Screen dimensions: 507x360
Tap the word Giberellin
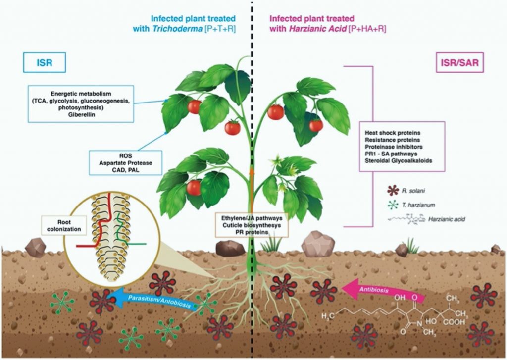pyautogui.click(x=82, y=114)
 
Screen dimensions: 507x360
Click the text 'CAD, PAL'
pyautogui.click(x=125, y=169)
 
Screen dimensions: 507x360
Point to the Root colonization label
pyautogui.click(x=64, y=225)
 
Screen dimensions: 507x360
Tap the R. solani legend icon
pyautogui.click(x=393, y=191)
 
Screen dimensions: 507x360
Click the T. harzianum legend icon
pyautogui.click(x=393, y=205)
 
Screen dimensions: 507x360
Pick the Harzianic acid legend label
pyautogui.click(x=447, y=219)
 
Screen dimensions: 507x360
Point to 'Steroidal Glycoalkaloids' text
pyautogui.click(x=399, y=160)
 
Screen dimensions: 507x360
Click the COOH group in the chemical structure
pyautogui.click(x=454, y=322)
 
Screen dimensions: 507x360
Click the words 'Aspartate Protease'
pyautogui.click(x=125, y=163)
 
